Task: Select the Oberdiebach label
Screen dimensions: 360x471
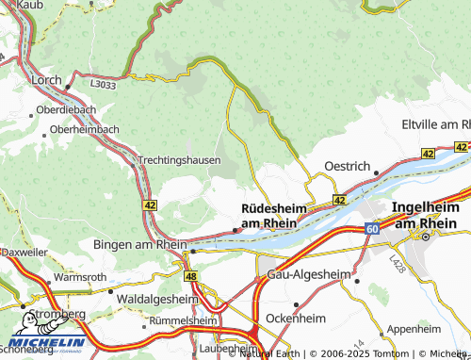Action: pos(65,110)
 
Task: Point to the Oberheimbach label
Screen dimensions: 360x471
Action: pos(84,129)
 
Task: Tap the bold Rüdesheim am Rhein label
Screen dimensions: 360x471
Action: pos(269,215)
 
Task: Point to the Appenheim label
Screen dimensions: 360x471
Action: pos(414,329)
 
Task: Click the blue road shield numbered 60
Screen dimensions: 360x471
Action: pos(372,229)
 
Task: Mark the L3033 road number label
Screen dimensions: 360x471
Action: pos(103,84)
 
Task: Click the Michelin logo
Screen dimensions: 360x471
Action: pos(47,345)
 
